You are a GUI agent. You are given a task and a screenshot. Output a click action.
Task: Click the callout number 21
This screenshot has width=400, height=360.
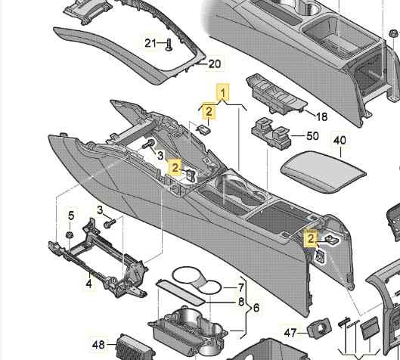(150, 43)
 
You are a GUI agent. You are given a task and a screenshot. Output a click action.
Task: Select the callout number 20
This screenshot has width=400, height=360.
(215, 64)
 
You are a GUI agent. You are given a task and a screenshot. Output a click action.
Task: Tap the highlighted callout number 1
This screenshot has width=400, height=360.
(223, 93)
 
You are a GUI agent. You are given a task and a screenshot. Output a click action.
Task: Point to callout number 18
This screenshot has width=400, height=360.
(321, 116)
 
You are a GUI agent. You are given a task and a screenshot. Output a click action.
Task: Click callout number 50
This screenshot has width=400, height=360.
(312, 135)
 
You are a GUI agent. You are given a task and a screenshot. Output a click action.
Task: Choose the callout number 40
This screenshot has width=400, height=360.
(340, 141)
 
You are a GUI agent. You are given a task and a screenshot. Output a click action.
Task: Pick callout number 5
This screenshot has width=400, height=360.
(71, 216)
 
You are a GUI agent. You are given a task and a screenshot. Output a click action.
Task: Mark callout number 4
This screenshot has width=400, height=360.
(88, 283)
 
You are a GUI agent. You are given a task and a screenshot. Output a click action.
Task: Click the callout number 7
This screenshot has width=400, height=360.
(241, 288)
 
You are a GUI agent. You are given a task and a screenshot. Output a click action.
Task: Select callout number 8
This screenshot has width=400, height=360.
(241, 302)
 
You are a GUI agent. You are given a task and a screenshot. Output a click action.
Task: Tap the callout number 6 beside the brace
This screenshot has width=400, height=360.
(256, 308)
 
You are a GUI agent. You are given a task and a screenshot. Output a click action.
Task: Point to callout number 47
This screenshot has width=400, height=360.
(290, 333)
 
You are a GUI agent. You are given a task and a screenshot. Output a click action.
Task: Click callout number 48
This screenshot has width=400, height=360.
(98, 345)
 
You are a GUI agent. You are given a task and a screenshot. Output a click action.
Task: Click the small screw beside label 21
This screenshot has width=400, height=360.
(169, 45)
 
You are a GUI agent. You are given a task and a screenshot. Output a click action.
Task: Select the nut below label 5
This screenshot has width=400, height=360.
(70, 234)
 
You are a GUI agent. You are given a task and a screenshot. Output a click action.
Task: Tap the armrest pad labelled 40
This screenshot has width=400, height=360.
(324, 172)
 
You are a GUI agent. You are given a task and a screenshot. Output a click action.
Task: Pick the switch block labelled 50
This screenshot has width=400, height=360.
(271, 132)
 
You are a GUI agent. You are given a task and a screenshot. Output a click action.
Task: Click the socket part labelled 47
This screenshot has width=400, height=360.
(319, 327)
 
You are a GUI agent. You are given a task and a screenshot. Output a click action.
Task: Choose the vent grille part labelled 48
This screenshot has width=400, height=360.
(134, 347)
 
